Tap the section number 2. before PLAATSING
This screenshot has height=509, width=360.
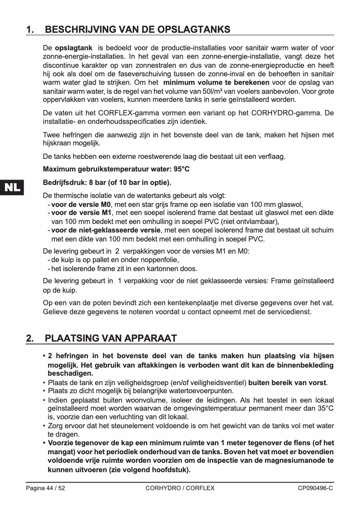(x=30, y=338)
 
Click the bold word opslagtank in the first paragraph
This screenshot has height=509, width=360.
(x=74, y=48)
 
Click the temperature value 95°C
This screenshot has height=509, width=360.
(x=180, y=170)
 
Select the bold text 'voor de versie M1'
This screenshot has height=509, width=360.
(x=81, y=213)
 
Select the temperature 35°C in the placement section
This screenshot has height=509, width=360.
(x=325, y=408)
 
